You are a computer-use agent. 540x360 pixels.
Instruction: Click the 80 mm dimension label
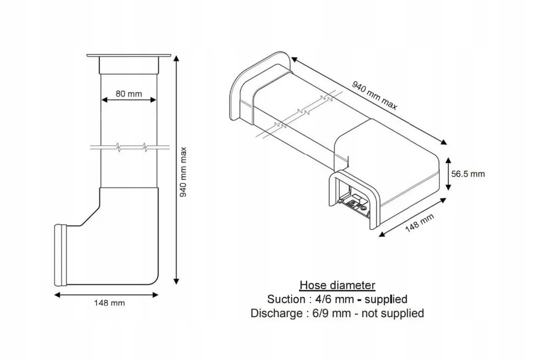129,94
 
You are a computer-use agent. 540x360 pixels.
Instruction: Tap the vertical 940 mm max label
184,172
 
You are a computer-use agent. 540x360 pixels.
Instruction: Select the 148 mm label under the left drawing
109,303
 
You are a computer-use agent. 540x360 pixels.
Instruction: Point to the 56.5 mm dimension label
468,174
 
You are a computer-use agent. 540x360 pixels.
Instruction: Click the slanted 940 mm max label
375,95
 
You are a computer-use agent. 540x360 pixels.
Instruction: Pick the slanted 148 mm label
419,223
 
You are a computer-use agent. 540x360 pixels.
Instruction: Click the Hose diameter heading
337,285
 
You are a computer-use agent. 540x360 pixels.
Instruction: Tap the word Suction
286,299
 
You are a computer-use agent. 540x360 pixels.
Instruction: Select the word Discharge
276,313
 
